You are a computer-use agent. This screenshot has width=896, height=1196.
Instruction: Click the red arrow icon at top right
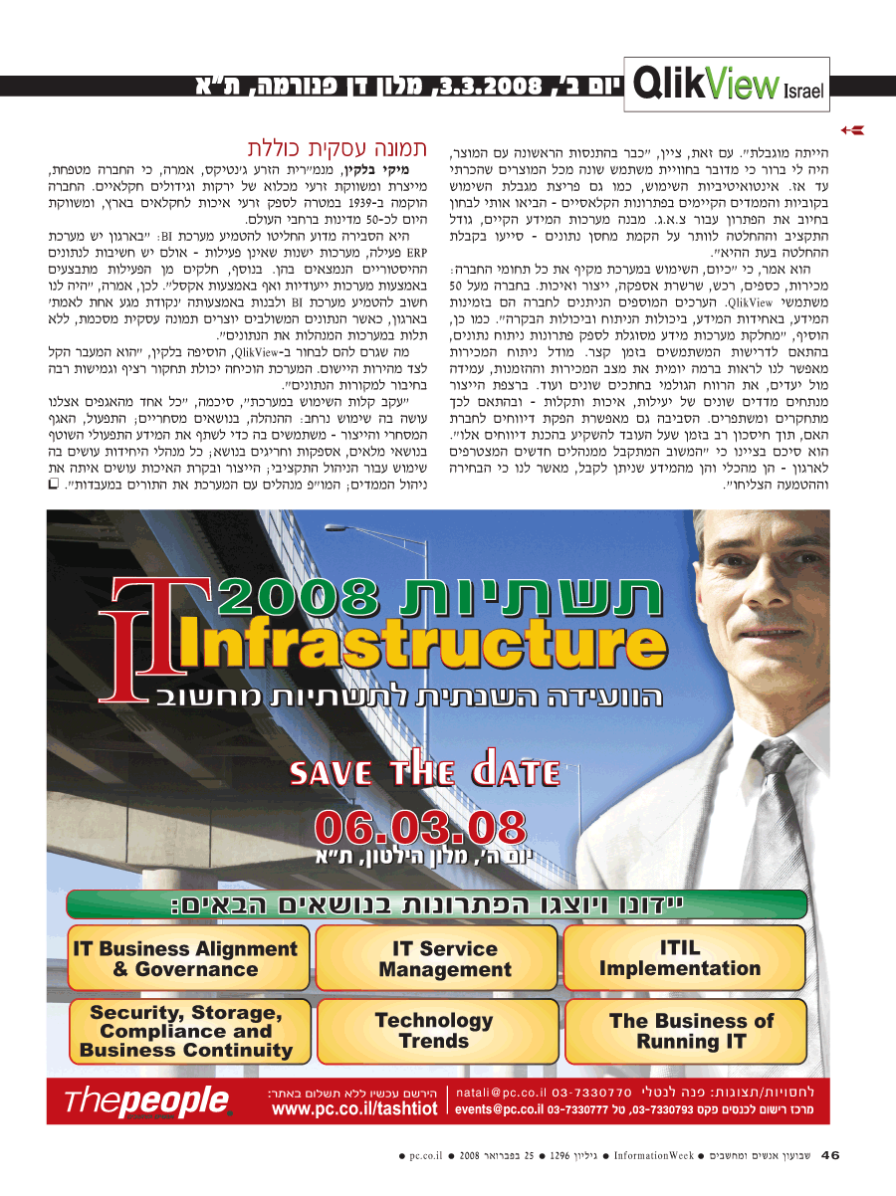(x=851, y=129)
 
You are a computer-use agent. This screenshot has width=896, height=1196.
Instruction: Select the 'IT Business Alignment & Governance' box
(x=185, y=959)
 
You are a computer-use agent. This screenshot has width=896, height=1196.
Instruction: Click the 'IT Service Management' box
(x=444, y=959)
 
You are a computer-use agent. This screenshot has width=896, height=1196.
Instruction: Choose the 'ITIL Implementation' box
(x=680, y=958)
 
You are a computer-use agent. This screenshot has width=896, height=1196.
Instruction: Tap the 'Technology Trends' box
(x=433, y=1031)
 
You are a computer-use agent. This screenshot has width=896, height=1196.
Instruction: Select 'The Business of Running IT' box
(x=691, y=1031)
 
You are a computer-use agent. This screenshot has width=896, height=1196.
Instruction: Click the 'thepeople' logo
(x=147, y=1100)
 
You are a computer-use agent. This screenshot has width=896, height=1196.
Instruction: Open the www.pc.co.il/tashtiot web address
(x=353, y=1108)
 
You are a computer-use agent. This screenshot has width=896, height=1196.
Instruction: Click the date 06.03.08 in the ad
(x=419, y=827)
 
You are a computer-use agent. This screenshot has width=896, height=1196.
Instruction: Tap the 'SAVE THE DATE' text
(x=424, y=772)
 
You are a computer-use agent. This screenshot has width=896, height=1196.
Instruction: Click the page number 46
(x=830, y=1155)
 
